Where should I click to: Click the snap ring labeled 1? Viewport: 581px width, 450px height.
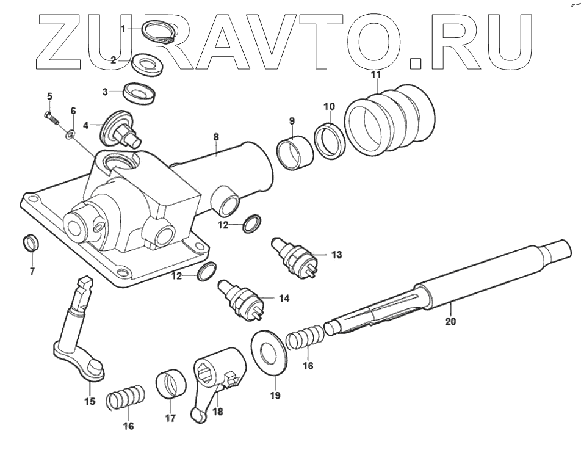click(160, 31)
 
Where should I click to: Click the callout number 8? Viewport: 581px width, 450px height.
click(216, 139)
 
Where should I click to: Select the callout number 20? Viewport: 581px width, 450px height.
click(450, 321)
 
